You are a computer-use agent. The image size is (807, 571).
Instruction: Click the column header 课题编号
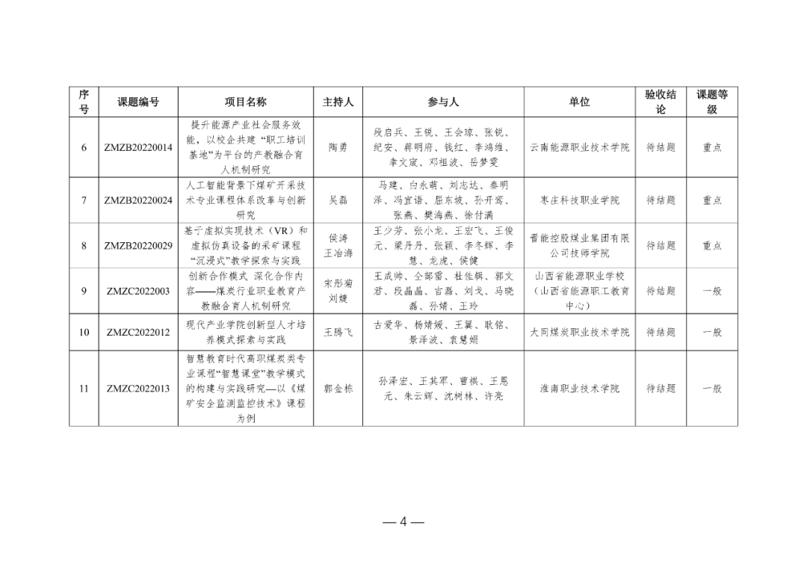(138, 102)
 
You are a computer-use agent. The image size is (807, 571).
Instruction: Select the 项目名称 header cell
(245, 102)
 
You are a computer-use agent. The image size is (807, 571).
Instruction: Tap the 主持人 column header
(338, 102)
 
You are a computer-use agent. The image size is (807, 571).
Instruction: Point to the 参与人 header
(443, 102)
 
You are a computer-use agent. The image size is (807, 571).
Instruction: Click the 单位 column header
(580, 102)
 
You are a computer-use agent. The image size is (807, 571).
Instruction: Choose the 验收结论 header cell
(661, 102)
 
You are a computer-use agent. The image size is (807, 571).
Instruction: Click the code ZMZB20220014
(138, 148)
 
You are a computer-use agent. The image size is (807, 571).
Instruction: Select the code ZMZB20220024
(138, 200)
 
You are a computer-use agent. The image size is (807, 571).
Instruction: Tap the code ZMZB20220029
(138, 246)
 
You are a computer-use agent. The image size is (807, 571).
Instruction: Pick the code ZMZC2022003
(138, 291)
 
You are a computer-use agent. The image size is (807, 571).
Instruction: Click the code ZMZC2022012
(138, 332)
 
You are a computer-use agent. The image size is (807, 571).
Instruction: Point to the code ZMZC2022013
(138, 389)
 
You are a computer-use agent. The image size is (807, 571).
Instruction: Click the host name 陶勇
(338, 148)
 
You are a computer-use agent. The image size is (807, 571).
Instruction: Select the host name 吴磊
(338, 200)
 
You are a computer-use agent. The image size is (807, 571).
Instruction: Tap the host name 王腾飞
(338, 332)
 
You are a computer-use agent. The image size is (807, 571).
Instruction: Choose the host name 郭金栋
(338, 389)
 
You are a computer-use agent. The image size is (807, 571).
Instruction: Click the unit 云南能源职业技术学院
(580, 148)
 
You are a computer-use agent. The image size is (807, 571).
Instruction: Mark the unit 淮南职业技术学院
(580, 389)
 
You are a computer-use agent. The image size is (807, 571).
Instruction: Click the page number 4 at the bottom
(403, 522)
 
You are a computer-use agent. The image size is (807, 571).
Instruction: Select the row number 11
(84, 389)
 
